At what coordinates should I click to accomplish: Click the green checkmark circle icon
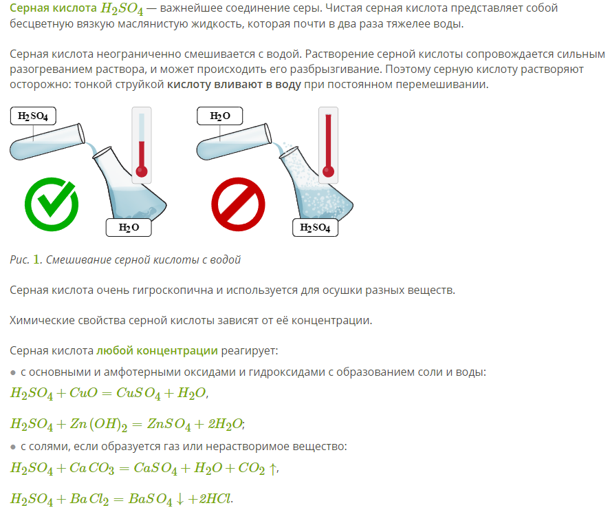coord(52,204)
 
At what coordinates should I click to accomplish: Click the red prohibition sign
coord(238,204)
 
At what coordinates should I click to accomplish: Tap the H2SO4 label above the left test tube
coord(33,116)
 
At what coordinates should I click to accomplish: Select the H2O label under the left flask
coord(129,227)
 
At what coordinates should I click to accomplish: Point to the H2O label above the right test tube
coord(220,116)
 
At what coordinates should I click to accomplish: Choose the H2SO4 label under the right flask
coord(315,227)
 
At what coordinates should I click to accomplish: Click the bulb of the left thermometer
coord(142,171)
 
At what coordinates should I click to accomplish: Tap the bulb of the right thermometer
coord(328,171)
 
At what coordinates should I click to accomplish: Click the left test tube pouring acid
coord(47,142)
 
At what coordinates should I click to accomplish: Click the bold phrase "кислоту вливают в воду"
coord(235,85)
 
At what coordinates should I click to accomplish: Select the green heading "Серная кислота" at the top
coord(53,8)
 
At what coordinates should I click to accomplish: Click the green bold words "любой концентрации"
coord(157,351)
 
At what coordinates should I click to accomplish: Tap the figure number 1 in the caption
coord(36,259)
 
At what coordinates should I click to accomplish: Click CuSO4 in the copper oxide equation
coord(138,393)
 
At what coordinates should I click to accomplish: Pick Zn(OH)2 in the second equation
coord(98,424)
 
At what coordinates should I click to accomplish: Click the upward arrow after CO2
coord(273,468)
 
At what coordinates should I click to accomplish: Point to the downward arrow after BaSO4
coord(179,499)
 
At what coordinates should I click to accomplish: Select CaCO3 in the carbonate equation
coord(92,468)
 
